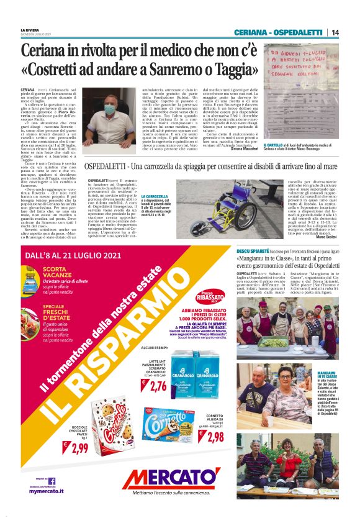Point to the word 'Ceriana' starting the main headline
pyautogui.click(x=44, y=50)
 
